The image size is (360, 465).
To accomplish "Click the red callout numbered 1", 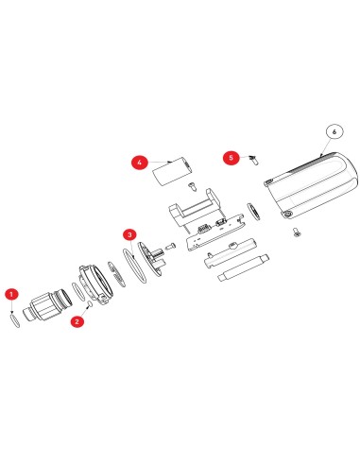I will point(11,294).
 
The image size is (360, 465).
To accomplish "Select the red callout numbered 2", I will point(77,320).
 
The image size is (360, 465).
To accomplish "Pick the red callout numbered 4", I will point(139,163).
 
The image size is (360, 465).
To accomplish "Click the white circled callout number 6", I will point(332,132).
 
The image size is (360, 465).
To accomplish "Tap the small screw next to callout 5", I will point(254,162).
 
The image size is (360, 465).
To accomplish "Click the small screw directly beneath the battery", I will point(190,185).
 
